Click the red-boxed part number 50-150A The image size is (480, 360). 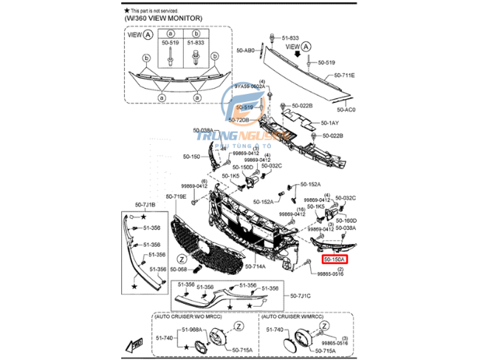(336, 259)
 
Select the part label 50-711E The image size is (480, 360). (343, 75)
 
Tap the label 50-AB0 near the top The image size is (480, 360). (245, 50)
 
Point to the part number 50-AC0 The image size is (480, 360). (346, 109)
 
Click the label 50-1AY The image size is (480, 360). (329, 123)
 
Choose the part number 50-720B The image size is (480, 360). (239, 120)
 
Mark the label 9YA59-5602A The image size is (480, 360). (250, 86)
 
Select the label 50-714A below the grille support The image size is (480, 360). (255, 265)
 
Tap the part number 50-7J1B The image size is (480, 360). (145, 204)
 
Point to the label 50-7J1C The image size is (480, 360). (301, 296)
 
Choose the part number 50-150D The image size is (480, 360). (244, 167)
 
